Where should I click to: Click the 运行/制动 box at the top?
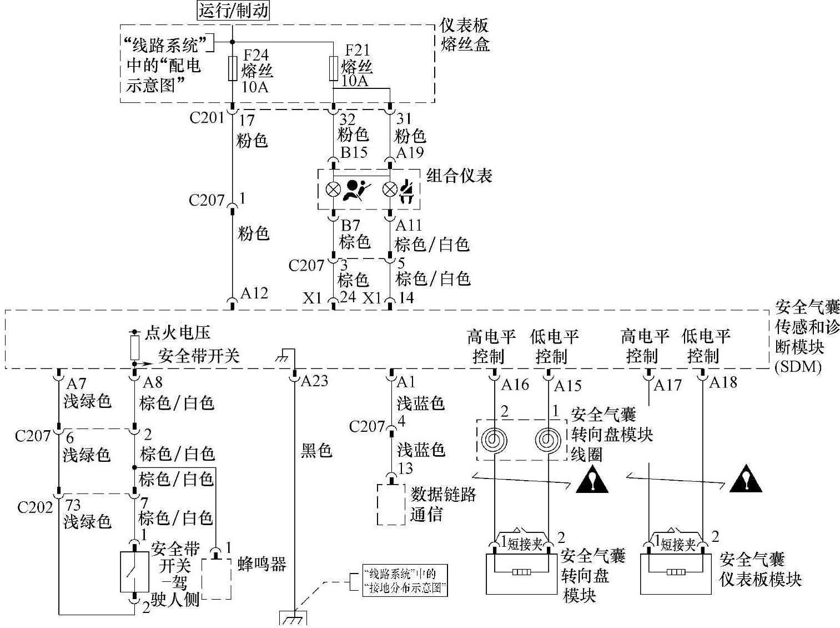[233, 11]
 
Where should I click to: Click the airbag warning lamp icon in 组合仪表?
[356, 190]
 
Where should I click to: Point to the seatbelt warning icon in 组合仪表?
[408, 190]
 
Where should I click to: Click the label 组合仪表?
[459, 176]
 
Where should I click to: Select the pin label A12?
[254, 293]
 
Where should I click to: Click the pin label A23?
[314, 381]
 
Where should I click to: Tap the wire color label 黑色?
[316, 450]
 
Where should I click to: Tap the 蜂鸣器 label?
[261, 565]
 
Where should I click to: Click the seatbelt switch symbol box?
[134, 571]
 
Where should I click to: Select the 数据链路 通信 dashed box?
[391, 505]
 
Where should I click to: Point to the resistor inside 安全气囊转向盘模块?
[521, 572]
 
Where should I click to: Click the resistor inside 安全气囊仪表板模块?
[675, 572]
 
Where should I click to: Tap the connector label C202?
[35, 507]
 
